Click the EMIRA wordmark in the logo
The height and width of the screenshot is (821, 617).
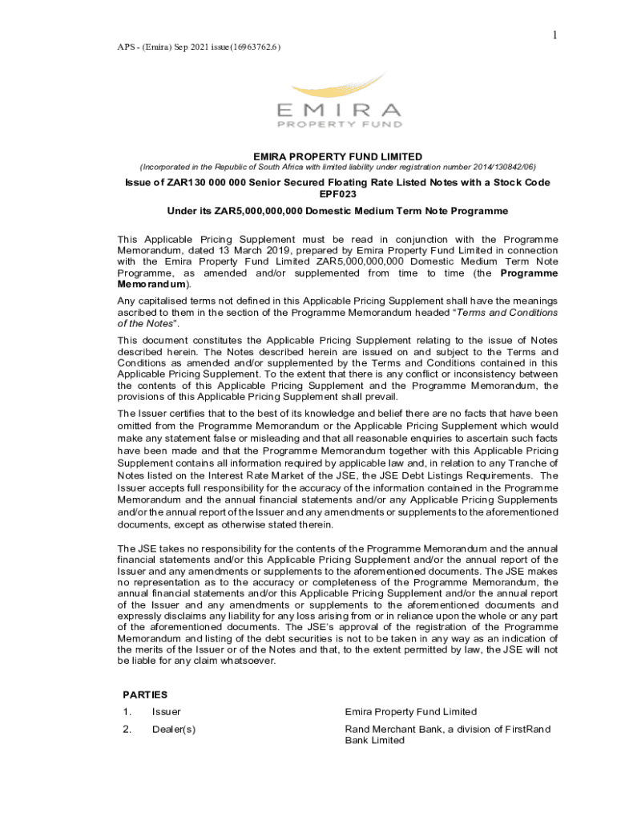[x=337, y=110]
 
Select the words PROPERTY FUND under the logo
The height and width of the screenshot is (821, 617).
[x=337, y=124]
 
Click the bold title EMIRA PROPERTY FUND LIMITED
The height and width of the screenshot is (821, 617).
[x=337, y=156]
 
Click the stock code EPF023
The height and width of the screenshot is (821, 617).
[x=337, y=194]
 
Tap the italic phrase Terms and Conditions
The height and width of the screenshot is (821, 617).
[x=507, y=313]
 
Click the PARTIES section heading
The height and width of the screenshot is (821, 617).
[x=145, y=695]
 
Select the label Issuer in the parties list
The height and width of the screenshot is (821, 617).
[x=167, y=712]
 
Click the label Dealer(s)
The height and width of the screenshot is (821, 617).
[x=174, y=730]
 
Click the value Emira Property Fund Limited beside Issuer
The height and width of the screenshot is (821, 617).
[x=410, y=712]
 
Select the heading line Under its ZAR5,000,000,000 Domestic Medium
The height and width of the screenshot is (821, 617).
[x=337, y=211]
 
